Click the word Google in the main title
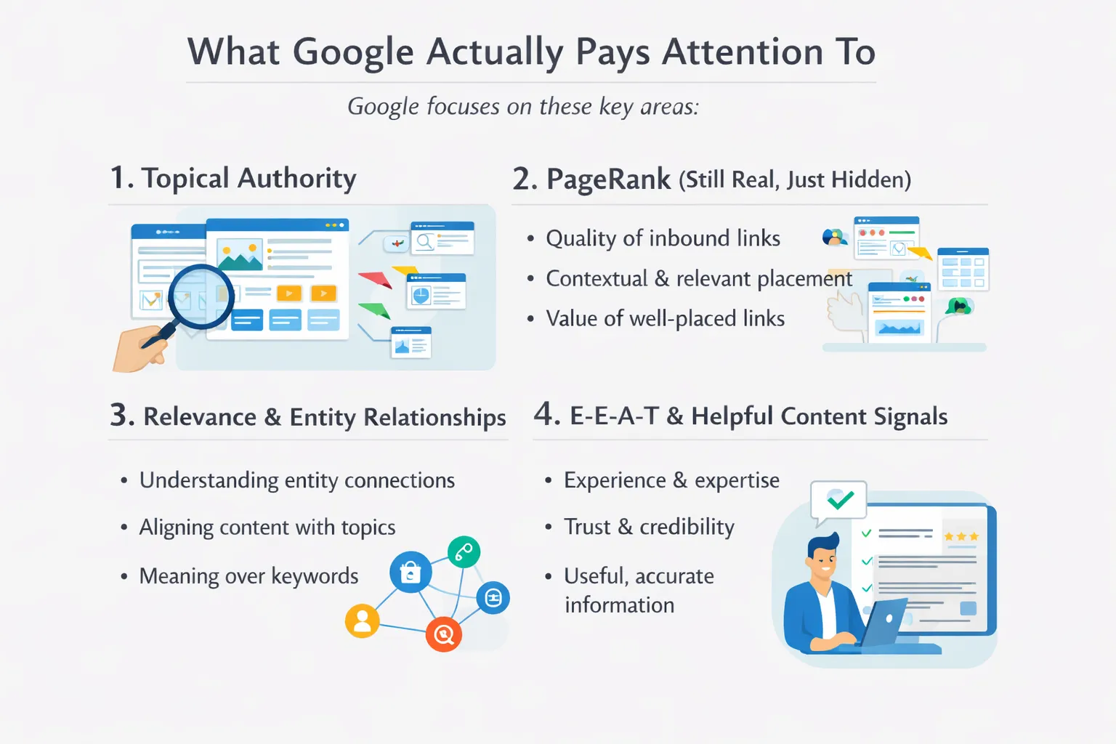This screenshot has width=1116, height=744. tap(353, 52)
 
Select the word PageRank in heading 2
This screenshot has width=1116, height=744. tap(608, 179)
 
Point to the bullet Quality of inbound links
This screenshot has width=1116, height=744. tap(663, 238)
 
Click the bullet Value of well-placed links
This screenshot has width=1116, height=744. tap(665, 318)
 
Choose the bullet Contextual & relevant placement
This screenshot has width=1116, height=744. tap(698, 278)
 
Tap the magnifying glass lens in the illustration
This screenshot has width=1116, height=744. tap(201, 296)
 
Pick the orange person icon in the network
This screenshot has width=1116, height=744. tap(362, 620)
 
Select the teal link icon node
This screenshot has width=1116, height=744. tap(464, 552)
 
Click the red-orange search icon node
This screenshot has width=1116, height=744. tap(443, 634)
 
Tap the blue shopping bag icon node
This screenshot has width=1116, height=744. tap(411, 573)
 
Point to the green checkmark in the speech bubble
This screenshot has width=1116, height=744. tap(840, 499)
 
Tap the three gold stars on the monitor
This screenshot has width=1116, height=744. tap(961, 536)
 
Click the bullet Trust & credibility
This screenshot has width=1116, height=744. tap(649, 527)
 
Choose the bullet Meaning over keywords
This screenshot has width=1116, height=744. tap(248, 576)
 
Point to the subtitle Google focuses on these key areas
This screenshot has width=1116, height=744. tap(522, 107)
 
